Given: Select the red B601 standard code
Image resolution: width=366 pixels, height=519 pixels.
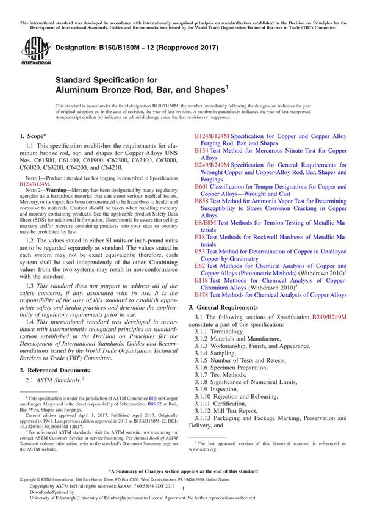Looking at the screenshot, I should [201, 186].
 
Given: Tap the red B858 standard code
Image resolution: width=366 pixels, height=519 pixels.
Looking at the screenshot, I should [201, 200].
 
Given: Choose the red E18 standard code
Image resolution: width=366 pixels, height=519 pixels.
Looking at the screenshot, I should [199, 237].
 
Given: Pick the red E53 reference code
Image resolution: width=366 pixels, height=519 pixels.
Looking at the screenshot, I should [199, 251].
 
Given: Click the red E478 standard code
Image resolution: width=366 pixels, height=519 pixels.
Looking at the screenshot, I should [201, 294].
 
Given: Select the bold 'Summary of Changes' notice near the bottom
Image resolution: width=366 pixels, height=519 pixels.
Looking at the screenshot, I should [182, 471].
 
